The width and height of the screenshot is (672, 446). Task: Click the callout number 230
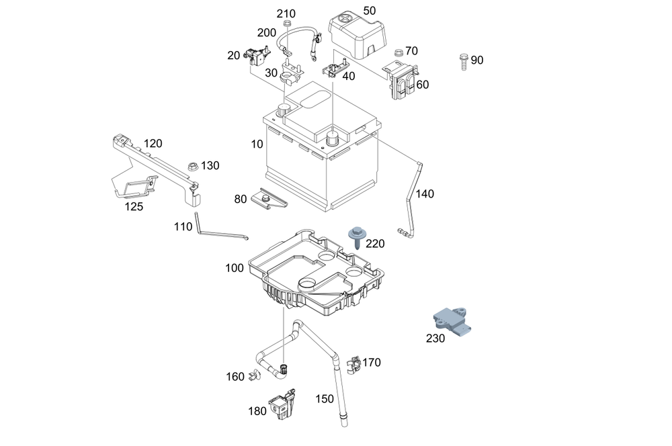[435, 339]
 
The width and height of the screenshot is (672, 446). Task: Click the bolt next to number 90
[463, 60]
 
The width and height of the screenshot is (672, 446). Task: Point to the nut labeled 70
[398, 52]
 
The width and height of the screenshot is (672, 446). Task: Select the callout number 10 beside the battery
[257, 144]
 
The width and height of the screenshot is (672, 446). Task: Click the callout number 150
[325, 399]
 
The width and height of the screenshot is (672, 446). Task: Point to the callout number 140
[425, 194]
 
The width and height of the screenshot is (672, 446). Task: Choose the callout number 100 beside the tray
[235, 268]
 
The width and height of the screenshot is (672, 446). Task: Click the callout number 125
[134, 207]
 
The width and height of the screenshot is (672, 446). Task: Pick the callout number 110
[183, 227]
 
